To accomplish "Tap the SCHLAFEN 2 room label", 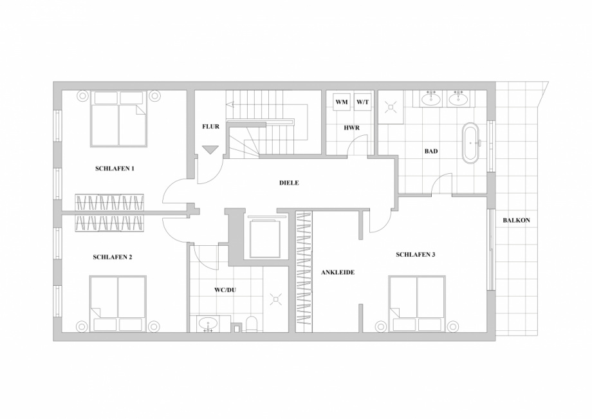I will tap(113, 257).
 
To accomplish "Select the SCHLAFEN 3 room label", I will tap(416, 255).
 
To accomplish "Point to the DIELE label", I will tap(289, 183).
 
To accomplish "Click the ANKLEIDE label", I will tap(338, 272).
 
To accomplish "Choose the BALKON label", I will tap(516, 220).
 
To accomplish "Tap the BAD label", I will tap(431, 152).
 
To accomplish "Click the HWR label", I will tap(351, 128).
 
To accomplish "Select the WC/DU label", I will tap(225, 290).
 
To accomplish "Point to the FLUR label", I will tap(210, 127).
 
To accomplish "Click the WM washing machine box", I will tap(341, 102).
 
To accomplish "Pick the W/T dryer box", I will tap(362, 102).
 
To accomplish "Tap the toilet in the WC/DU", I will tap(252, 324).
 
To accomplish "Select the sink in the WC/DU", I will tap(208, 322).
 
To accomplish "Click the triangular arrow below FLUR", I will tap(210, 150).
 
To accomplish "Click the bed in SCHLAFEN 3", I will tap(417, 303).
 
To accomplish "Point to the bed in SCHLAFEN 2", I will tap(118, 303).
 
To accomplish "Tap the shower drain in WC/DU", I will tap(277, 299).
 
